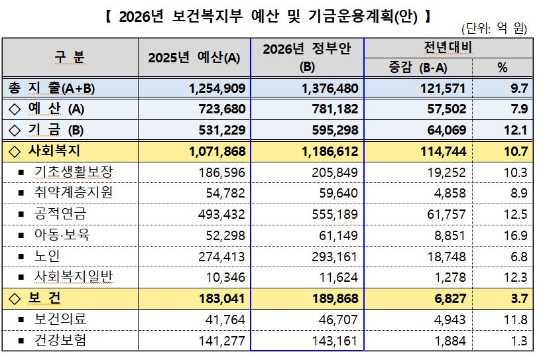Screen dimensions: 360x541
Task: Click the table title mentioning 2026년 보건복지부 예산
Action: click(x=270, y=16)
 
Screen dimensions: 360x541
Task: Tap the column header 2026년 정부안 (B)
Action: click(x=306, y=57)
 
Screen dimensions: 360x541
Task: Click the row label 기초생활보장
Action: click(x=73, y=172)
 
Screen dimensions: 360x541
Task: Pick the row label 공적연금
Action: click(x=60, y=214)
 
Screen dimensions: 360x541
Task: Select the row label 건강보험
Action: click(x=60, y=341)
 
